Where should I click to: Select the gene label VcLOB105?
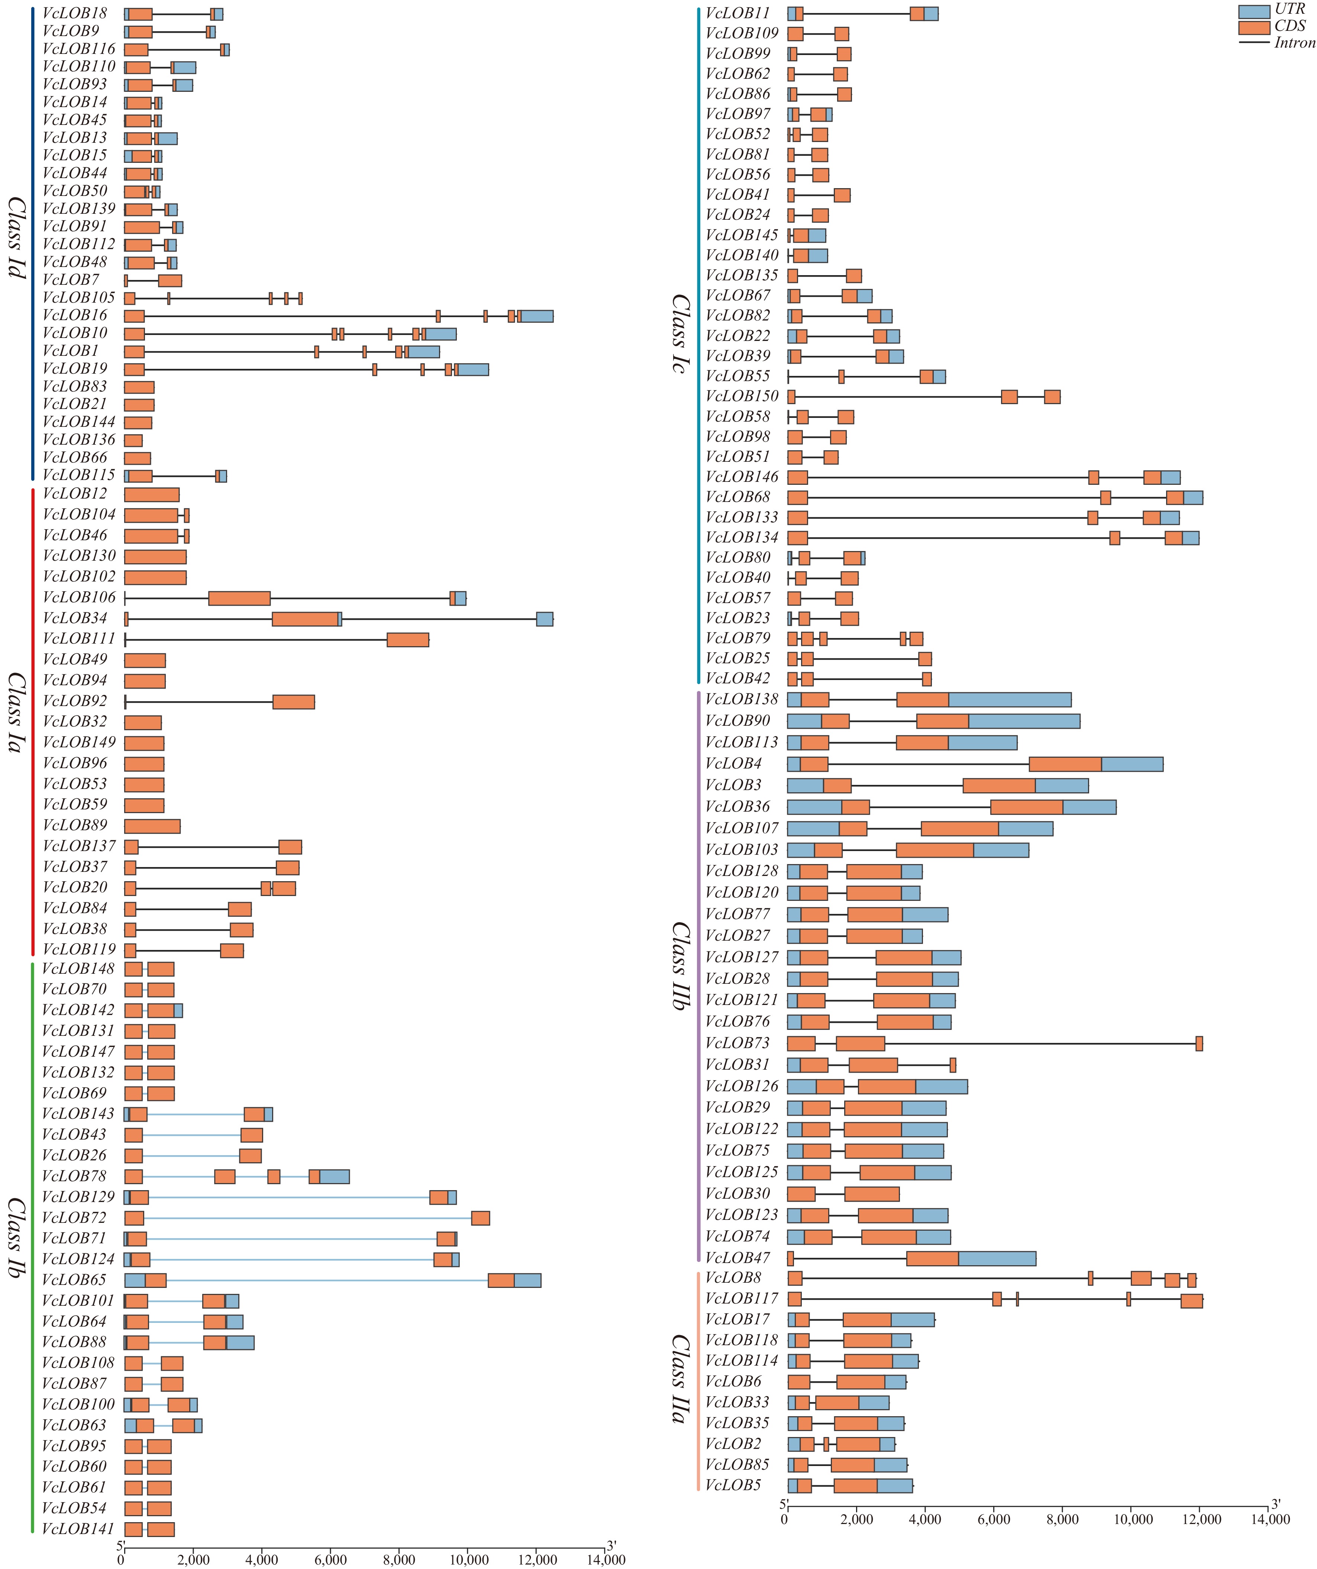tap(78, 297)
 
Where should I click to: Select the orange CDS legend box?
tap(1253, 27)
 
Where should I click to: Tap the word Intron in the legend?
tap(1295, 43)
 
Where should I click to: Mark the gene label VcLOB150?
tap(742, 396)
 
